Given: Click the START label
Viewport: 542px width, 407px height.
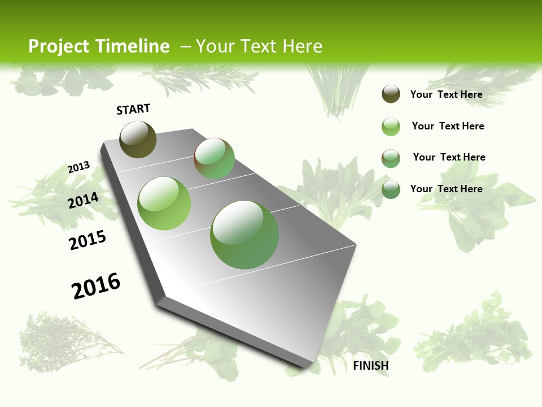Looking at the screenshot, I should pos(133,109).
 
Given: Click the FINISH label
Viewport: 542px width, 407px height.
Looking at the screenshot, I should pos(370,366).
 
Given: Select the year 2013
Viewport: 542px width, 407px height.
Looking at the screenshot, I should pos(78,167).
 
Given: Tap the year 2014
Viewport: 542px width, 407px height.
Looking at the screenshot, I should pos(83,201).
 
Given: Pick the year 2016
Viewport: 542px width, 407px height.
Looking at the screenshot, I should pos(96,286).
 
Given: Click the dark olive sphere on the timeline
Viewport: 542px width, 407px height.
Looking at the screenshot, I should pos(138,139).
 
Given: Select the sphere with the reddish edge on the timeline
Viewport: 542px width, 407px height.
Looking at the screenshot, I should pos(214,158).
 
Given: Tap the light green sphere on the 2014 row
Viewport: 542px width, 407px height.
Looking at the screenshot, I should pos(164,203).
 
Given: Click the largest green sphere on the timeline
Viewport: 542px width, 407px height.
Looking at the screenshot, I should pos(244,235).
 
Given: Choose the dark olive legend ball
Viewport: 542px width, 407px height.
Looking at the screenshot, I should pos(391,94).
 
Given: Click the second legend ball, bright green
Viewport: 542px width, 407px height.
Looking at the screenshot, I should pos(391,127).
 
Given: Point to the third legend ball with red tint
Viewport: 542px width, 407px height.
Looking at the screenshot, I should pos(391,158).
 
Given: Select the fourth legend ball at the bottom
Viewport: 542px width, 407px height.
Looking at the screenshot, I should pos(391,189).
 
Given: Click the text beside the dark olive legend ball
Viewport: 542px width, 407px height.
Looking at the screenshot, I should pos(446,94).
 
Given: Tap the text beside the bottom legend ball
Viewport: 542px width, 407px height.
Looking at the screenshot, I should pos(446,189).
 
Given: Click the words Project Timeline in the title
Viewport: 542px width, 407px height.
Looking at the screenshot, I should pos(99,46).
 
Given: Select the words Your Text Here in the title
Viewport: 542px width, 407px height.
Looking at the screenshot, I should pos(259,46).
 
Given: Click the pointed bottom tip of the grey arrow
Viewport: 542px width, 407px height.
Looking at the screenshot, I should pos(308,366).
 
